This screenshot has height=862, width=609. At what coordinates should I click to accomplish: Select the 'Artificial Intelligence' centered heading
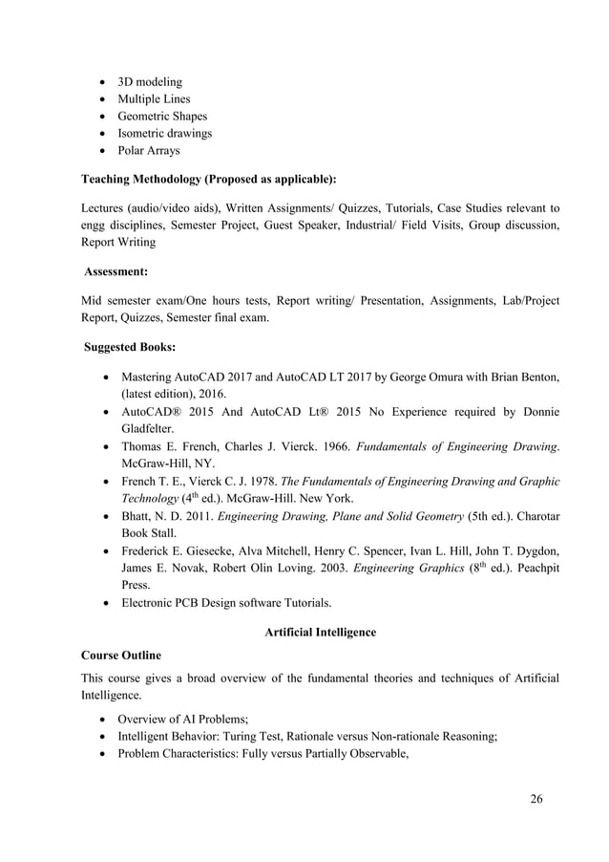coord(320,632)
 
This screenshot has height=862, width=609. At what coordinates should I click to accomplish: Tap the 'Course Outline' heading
coord(121,657)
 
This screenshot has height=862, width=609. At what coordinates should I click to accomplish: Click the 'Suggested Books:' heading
coord(129,347)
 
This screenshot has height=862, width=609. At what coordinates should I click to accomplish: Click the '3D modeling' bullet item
coord(149,82)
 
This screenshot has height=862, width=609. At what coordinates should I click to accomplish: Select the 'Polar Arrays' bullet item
coord(148,151)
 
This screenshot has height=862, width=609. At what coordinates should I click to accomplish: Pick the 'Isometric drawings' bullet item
coord(164,134)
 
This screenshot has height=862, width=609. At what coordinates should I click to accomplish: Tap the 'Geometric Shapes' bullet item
coord(161,117)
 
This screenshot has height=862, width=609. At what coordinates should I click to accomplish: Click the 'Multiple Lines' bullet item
coord(154,99)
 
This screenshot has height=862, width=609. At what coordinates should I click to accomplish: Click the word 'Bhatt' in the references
coord(137,515)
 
